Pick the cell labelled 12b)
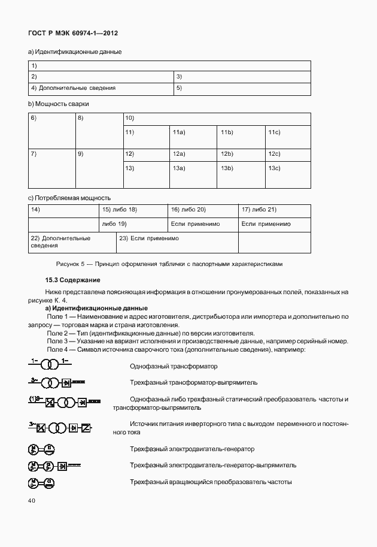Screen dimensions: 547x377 (x=239, y=154)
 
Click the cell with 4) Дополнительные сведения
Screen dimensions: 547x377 (x=101, y=89)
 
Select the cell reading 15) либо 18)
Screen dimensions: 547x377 (x=134, y=210)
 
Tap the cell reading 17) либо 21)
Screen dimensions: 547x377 (x=274, y=210)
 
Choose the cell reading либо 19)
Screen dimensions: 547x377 (x=134, y=224)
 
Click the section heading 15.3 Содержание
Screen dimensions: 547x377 (x=72, y=280)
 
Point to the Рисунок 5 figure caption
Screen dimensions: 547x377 (x=169, y=264)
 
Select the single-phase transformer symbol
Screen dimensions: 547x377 (x=50, y=364)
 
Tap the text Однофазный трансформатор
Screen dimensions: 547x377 (x=174, y=366)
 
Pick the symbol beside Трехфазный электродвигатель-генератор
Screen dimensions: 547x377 (x=42, y=449)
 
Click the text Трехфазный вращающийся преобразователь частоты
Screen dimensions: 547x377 (x=211, y=482)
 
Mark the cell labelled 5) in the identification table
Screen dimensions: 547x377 (x=242, y=89)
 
